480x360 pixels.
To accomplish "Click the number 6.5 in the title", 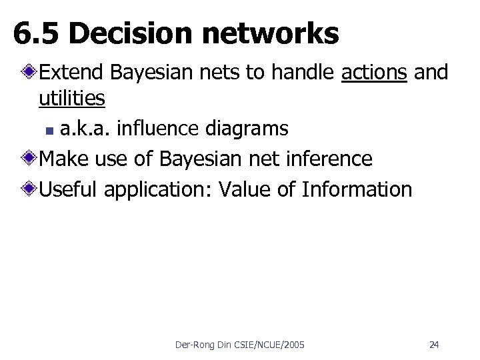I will (37, 33).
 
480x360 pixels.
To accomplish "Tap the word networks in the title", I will (267, 33).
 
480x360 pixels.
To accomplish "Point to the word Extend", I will (71, 72).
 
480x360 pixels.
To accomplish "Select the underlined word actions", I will (373, 72).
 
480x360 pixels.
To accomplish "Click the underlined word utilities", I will (71, 99).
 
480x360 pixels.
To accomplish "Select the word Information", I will (357, 189).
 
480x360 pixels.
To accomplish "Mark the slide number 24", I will (434, 345).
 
